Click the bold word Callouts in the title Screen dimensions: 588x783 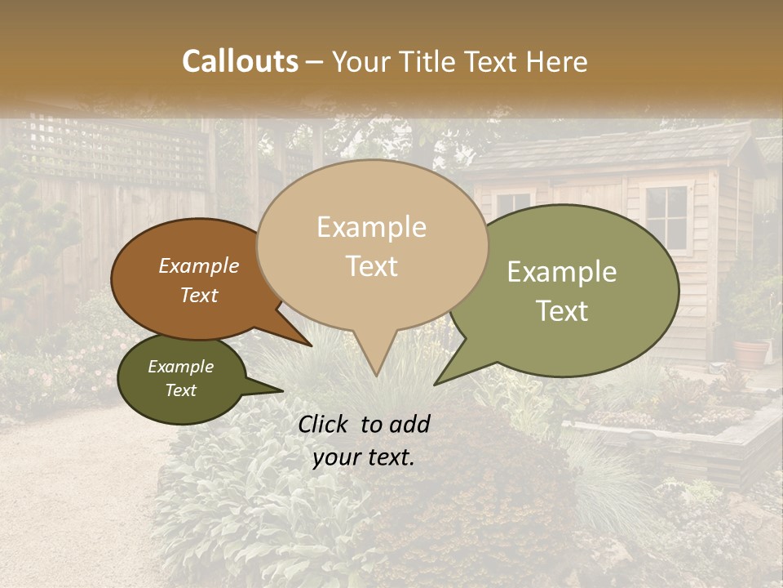click(x=240, y=61)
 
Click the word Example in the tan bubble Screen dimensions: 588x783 click(x=371, y=227)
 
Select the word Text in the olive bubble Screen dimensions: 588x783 click(x=562, y=311)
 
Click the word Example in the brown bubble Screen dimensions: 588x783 click(x=199, y=266)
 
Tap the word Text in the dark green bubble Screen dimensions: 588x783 click(x=180, y=390)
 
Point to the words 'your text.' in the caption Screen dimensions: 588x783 click(x=364, y=457)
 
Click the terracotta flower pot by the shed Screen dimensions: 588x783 click(x=751, y=353)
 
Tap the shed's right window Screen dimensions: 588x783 click(x=666, y=217)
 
